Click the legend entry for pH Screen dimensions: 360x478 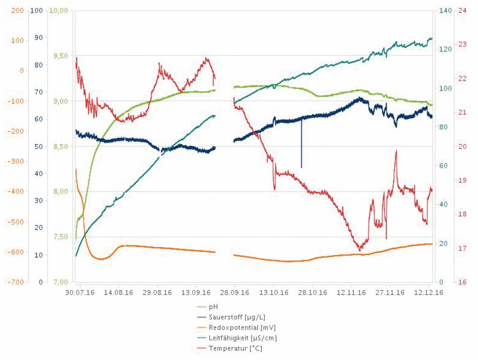click(x=214, y=307)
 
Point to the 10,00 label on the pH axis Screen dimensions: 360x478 click(x=61, y=10)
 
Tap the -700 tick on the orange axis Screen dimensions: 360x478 click(x=15, y=282)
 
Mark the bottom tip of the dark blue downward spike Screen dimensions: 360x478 click(x=302, y=167)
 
